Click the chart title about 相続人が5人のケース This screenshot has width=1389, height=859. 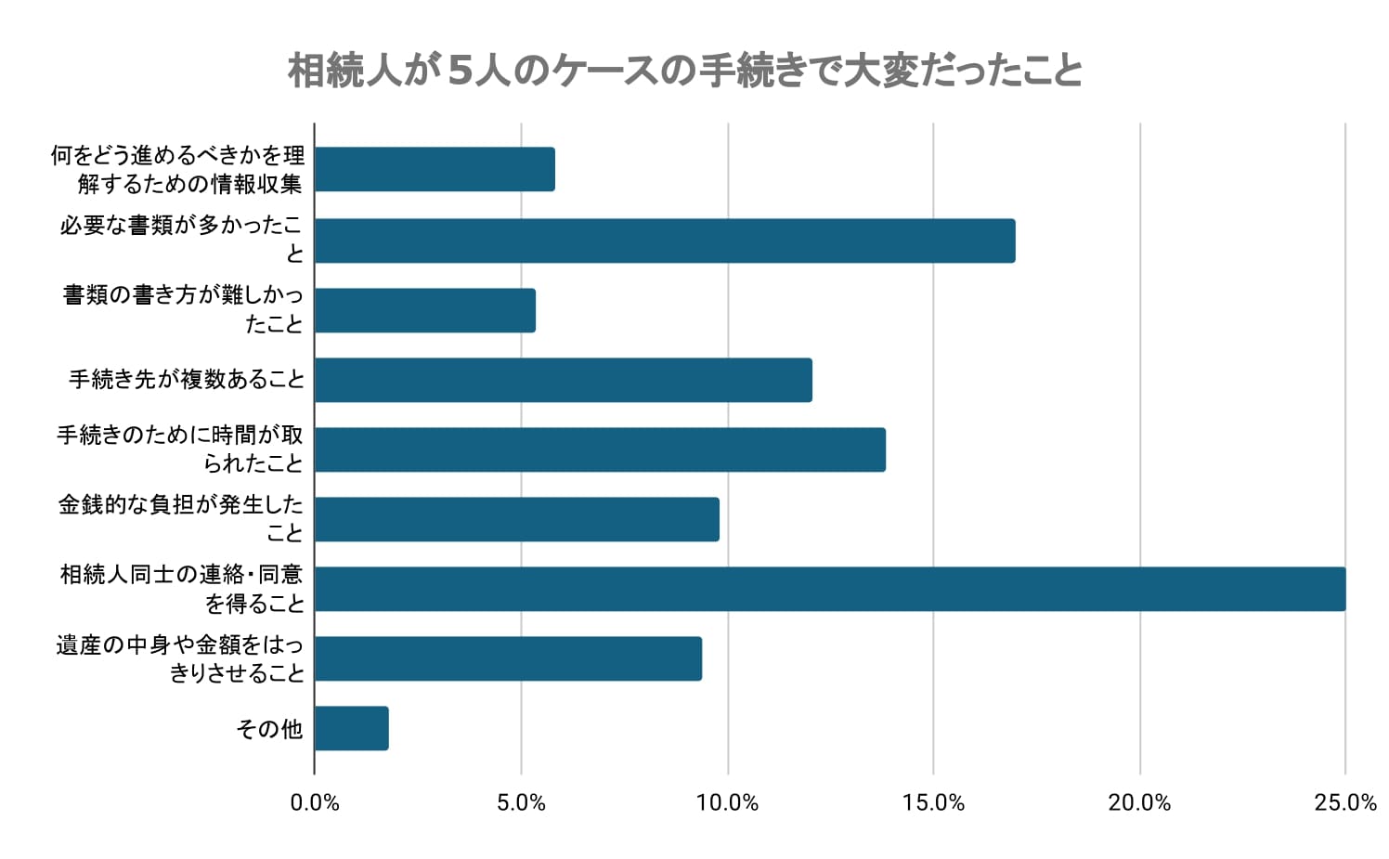pos(685,71)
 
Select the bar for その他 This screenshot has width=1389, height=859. pos(351,728)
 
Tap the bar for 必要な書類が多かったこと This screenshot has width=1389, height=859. pos(664,241)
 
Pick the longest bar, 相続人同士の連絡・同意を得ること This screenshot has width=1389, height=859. pos(829,589)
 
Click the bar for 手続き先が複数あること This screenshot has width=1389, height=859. pos(563,380)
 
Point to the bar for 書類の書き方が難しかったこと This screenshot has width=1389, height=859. pos(424,310)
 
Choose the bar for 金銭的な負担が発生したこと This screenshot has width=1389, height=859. pos(516,519)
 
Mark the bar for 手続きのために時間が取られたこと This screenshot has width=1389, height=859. pos(599,449)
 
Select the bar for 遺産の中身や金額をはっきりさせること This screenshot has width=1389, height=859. pos(508,658)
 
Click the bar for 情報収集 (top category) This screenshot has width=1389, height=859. pos(434,169)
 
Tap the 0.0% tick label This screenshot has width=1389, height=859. pos(315,803)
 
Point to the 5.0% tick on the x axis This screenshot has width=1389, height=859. pos(521,803)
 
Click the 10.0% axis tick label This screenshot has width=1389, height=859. pos(727,803)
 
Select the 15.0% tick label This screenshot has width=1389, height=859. pos(933,803)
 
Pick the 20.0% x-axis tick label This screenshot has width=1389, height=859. pos(1139,803)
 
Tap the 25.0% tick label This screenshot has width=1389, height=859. pos(1345,803)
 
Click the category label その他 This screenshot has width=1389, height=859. pos(269,729)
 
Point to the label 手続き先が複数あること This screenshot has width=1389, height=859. pos(187,380)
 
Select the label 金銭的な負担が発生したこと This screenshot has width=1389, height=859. pos(181,518)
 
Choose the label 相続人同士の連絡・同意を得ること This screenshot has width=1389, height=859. pos(182,589)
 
